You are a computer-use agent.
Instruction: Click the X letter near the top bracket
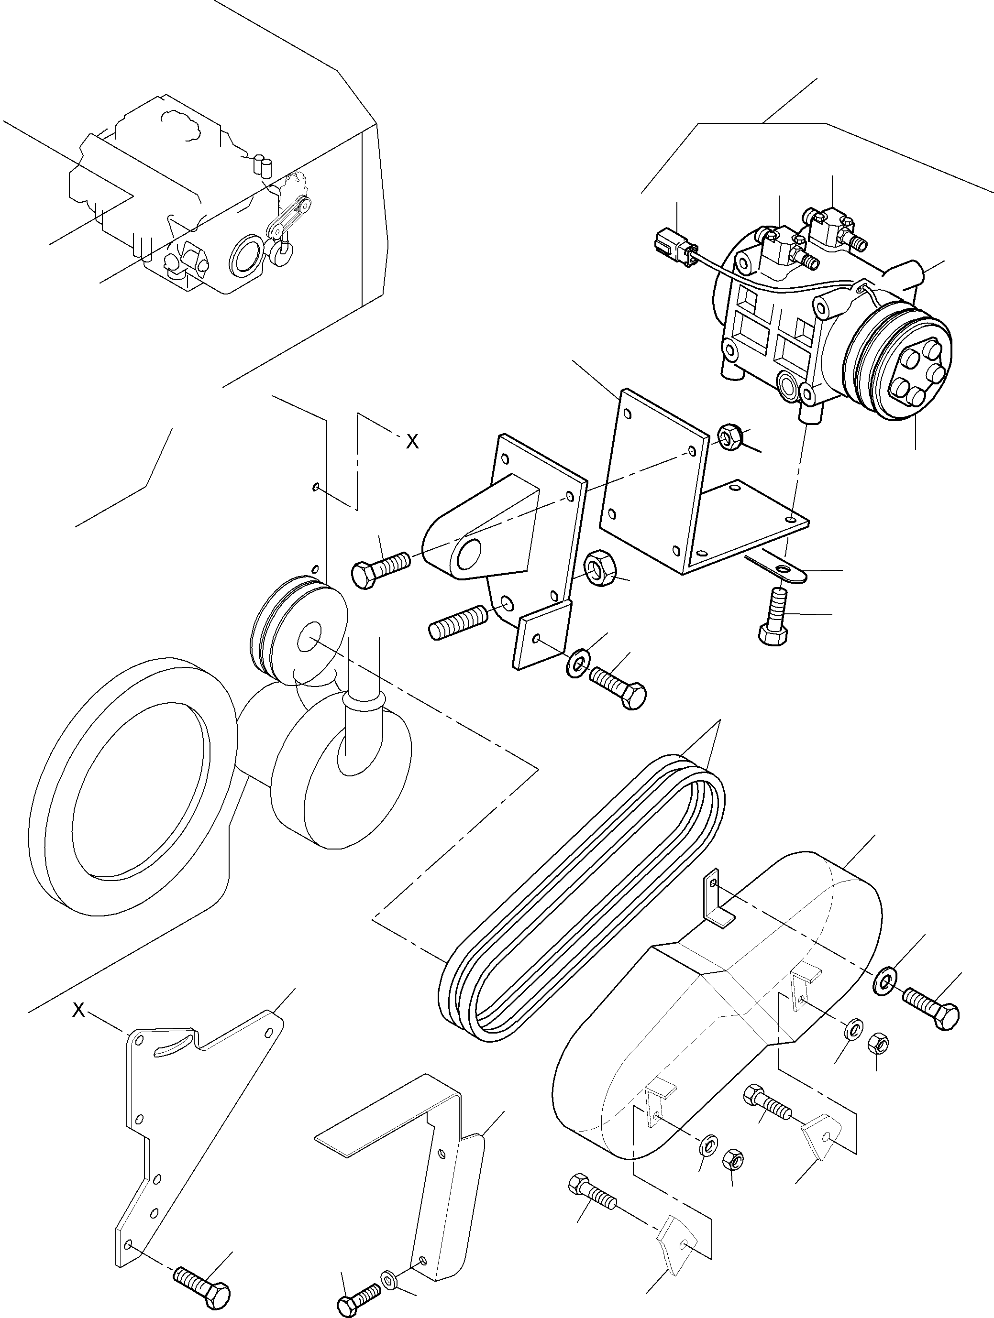coord(412,442)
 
